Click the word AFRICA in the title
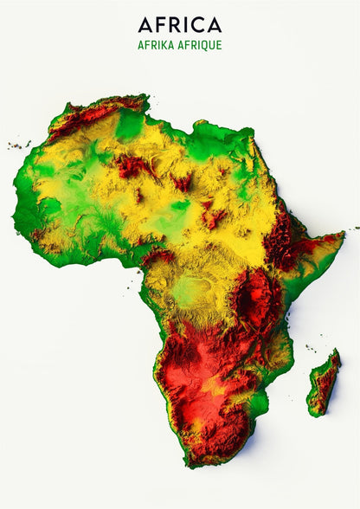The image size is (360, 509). (179, 25)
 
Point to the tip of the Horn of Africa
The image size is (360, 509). (343, 235)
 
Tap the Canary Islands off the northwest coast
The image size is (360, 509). (19, 145)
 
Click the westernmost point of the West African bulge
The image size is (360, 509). (15, 184)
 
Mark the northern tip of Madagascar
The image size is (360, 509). (336, 351)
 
